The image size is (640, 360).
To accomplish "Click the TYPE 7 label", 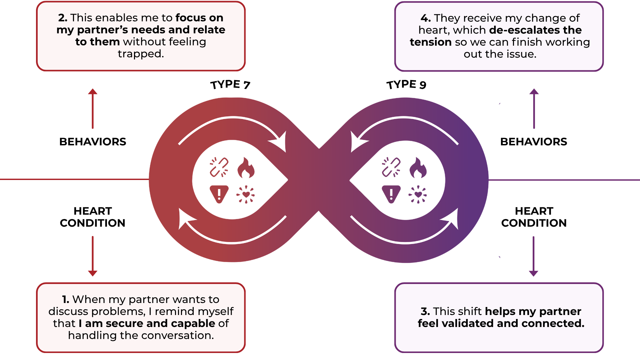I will [x=230, y=85].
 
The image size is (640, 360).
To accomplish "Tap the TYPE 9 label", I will [x=406, y=85].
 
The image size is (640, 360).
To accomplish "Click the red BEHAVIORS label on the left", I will [x=93, y=142].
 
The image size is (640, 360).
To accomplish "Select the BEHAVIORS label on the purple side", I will [x=533, y=142].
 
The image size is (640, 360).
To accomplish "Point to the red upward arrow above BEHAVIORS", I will [x=93, y=108].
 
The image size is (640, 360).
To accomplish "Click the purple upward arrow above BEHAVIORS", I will [x=534, y=108].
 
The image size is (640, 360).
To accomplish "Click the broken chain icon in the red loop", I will [x=219, y=167].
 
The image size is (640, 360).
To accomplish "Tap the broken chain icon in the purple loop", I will [x=391, y=167].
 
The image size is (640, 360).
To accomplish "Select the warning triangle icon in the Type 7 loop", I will [x=219, y=194].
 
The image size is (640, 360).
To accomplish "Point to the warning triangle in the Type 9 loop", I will [x=391, y=194].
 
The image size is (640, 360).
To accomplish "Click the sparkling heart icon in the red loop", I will [x=246, y=194].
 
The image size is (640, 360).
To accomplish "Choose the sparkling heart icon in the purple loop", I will [x=418, y=194].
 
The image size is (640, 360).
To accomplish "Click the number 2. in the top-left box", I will [x=63, y=18].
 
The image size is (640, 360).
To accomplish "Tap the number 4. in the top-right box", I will [x=426, y=18].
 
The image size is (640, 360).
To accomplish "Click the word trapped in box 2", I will [x=141, y=54].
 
